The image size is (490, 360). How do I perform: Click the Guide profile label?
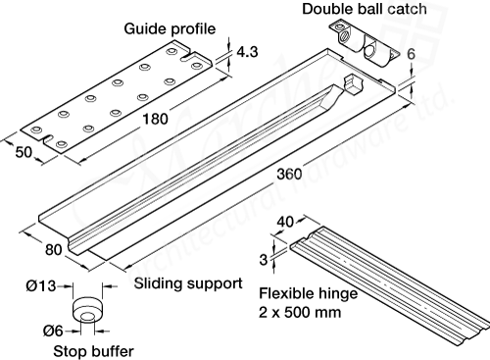point(163,28)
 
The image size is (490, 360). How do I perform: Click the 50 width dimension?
point(24,152)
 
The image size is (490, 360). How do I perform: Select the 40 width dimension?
point(287,223)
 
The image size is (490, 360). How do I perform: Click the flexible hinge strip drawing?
point(392,284)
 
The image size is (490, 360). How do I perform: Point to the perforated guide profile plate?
point(118,98)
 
